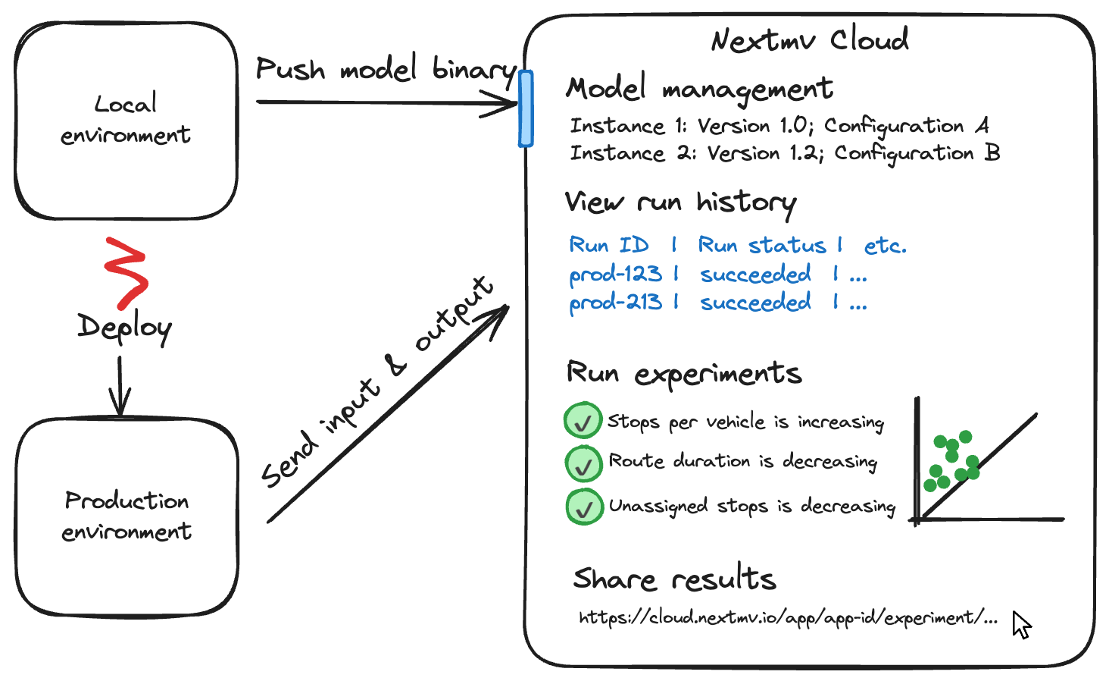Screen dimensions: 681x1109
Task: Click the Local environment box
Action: click(x=126, y=120)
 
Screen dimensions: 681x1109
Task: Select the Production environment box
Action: click(x=127, y=516)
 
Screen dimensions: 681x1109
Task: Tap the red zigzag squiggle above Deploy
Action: click(x=126, y=273)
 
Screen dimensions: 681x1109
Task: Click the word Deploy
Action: click(x=125, y=328)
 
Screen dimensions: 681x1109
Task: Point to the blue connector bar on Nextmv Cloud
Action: click(x=526, y=108)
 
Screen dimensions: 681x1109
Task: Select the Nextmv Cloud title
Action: click(x=809, y=39)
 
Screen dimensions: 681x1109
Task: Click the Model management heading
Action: click(x=698, y=89)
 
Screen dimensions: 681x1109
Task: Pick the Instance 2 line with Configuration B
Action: click(x=785, y=153)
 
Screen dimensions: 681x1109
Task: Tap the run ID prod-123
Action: click(x=615, y=274)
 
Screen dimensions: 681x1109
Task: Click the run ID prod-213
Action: click(x=615, y=302)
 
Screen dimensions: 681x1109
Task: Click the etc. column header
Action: click(x=885, y=245)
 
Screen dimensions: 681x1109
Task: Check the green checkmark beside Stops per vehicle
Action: click(x=583, y=422)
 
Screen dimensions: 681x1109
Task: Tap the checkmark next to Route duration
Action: click(x=583, y=464)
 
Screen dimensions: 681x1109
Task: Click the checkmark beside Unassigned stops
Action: click(x=584, y=507)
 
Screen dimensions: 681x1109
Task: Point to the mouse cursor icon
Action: click(x=1021, y=625)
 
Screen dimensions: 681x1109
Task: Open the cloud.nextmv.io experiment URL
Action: click(x=788, y=618)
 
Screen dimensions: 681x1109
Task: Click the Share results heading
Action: click(x=674, y=579)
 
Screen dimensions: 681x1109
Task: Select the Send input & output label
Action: click(x=376, y=383)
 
